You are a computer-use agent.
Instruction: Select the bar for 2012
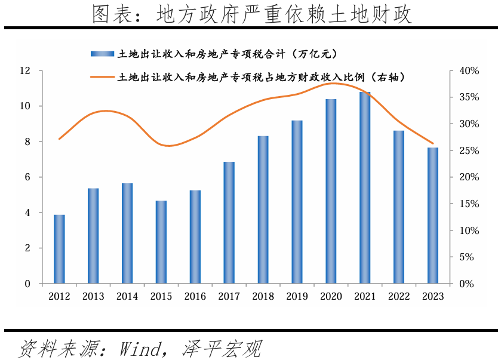pos(59,249)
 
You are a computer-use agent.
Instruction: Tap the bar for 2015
pos(161,242)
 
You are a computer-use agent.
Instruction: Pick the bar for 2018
pos(263,210)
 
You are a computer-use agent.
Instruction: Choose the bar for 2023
pos(433,216)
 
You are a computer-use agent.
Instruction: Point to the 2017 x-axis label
pos(229,297)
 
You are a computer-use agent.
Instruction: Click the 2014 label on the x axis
pos(127,297)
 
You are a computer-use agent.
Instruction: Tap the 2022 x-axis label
pos(399,297)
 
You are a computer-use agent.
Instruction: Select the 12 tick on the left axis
pos(25,71)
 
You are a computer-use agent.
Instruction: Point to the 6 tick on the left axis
pos(27,177)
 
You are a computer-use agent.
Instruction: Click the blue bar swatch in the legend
pos(102,54)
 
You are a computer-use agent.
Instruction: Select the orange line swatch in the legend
pos(102,77)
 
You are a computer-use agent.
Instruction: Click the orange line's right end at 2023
pos(433,143)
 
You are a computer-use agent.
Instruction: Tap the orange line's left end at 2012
pos(59,139)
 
